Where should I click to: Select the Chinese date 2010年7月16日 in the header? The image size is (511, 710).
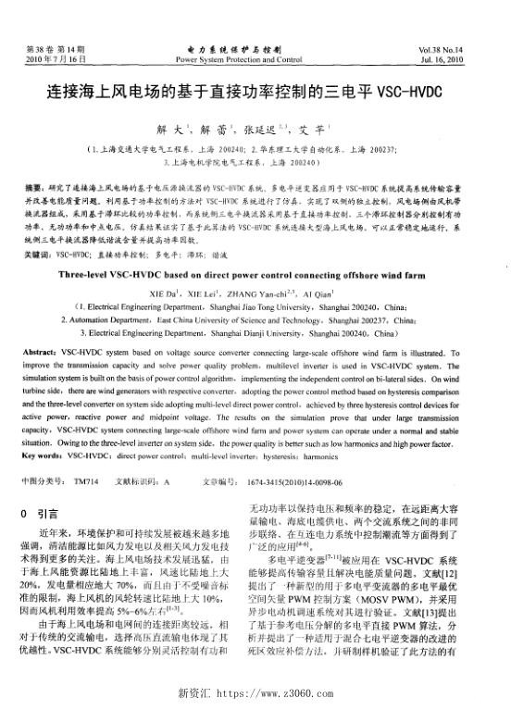coord(58,57)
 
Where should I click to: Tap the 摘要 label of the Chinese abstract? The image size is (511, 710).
coord(36,185)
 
